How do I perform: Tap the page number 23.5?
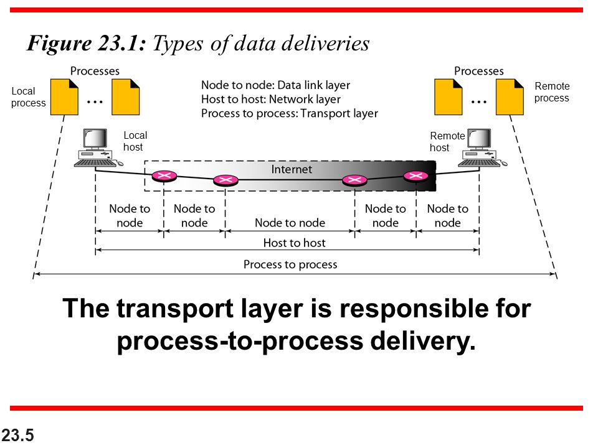17,436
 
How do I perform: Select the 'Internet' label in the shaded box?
292,169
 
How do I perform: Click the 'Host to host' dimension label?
294,243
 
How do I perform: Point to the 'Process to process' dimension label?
290,264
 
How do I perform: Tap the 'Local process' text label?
28,97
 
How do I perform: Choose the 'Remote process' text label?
551,92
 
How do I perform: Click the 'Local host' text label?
135,141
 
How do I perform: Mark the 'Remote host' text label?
447,142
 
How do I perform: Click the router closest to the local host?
164,175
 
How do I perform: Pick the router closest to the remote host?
416,176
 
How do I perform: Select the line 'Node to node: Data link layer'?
275,85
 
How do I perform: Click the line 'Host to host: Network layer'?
271,100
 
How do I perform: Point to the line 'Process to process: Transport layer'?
289,113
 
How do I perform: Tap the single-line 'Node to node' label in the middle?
290,222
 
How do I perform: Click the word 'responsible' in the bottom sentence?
394,309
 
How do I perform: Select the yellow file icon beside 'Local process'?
64,97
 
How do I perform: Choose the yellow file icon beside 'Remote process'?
510,97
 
